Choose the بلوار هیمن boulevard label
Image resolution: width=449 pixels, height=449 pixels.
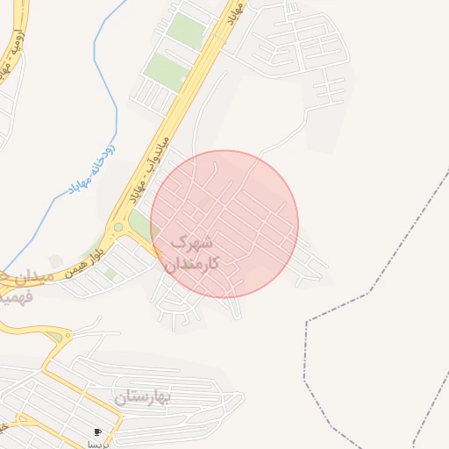click(86, 257)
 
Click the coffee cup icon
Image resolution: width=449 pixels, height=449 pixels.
click(97, 431)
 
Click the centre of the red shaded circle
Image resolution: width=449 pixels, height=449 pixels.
click(224, 224)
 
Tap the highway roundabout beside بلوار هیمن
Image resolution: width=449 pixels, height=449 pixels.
click(118, 228)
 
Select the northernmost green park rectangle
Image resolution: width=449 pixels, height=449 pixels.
click(185, 31)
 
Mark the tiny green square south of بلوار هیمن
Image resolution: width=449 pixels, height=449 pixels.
click(110, 274)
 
